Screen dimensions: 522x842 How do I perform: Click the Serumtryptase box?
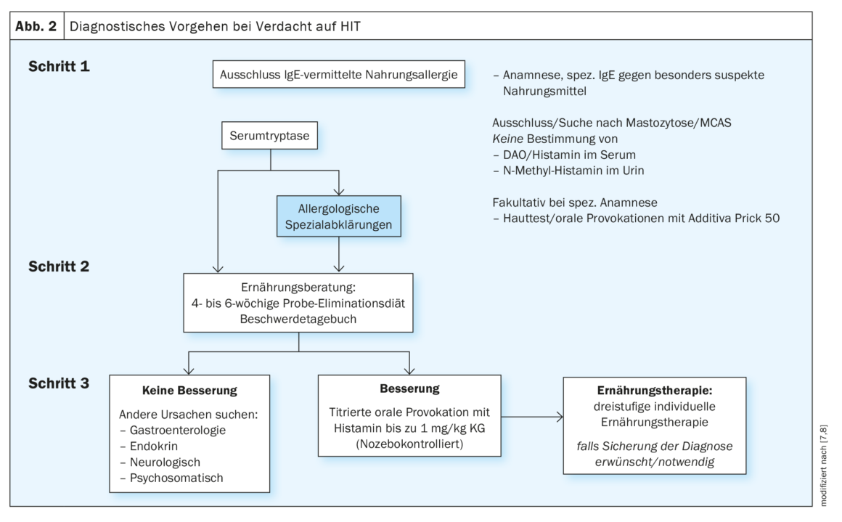(x=271, y=136)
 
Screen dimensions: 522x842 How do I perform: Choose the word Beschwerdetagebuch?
(x=298, y=318)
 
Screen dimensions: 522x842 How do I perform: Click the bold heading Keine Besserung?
(x=189, y=390)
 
